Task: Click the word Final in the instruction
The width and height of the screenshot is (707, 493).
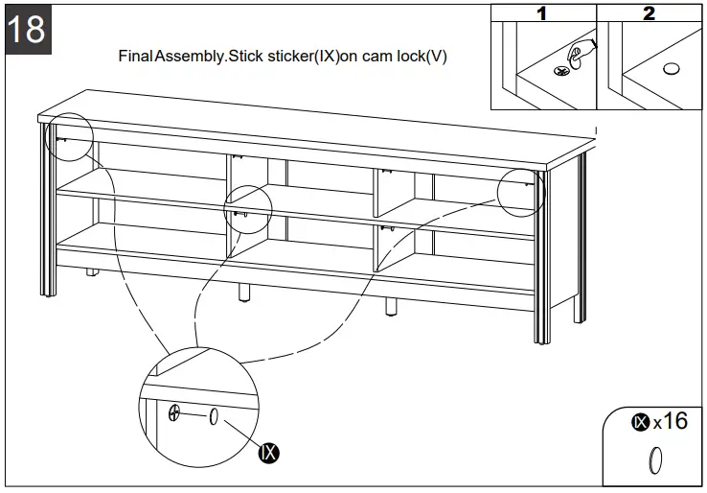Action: coord(135,56)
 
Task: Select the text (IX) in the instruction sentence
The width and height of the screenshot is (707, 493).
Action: coord(329,56)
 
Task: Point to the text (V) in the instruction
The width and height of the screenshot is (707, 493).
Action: coord(437,56)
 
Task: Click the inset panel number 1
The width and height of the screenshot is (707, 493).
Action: coord(542,13)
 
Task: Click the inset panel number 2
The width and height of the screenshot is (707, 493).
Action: coord(650,13)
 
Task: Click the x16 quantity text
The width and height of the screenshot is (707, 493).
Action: coord(670,421)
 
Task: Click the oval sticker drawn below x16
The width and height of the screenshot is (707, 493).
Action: coord(656,460)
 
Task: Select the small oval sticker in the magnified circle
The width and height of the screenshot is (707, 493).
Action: coord(214,415)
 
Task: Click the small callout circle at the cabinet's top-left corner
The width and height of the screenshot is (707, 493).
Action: coord(67,139)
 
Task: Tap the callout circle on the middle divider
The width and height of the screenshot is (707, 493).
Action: coord(248,209)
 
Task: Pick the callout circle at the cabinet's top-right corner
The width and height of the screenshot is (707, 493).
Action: coord(521,192)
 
